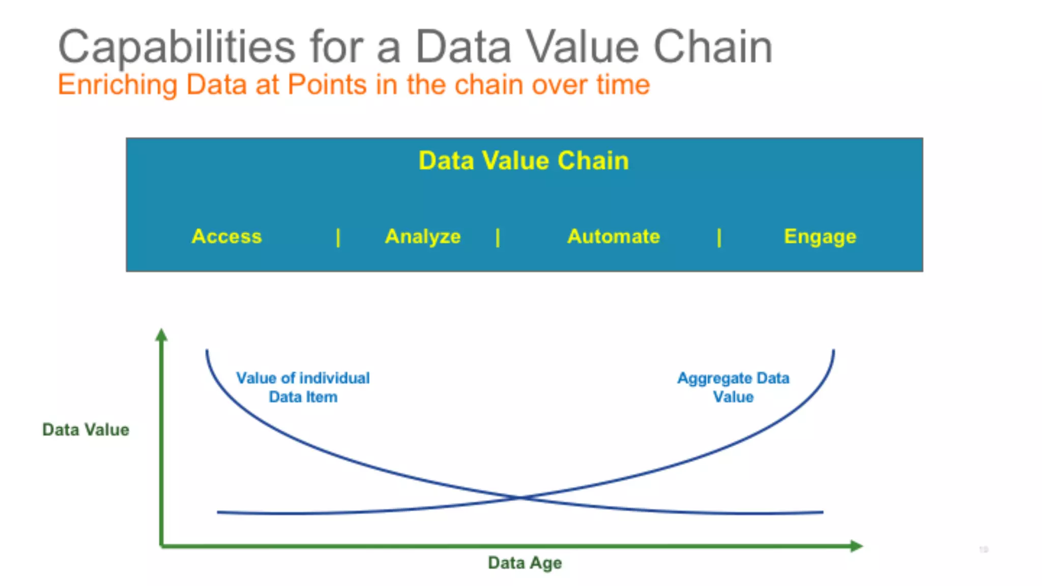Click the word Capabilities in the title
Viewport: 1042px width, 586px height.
point(177,47)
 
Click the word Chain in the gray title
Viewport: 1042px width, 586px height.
point(712,47)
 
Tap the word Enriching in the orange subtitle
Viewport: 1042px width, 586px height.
point(118,84)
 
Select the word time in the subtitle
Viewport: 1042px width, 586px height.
point(623,84)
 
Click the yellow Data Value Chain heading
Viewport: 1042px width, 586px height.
point(524,161)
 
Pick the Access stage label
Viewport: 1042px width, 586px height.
point(226,237)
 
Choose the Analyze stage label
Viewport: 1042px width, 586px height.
point(423,237)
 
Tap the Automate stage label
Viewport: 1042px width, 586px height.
point(614,237)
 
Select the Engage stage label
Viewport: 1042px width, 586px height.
point(820,237)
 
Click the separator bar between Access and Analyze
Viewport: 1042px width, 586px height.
point(338,238)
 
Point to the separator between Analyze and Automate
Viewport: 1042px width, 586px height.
point(498,238)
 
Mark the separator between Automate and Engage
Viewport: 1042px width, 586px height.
point(719,238)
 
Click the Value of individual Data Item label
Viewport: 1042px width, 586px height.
point(303,387)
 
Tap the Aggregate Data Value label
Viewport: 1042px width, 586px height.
point(733,387)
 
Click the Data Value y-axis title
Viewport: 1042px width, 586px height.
point(85,430)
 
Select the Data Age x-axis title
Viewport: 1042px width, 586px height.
point(525,563)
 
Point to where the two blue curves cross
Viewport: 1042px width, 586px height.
point(520,497)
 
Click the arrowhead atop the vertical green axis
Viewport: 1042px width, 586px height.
point(161,335)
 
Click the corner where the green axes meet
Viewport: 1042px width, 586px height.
point(162,546)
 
